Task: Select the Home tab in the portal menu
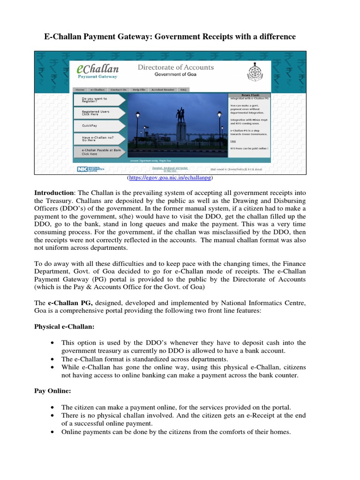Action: pos(80,90)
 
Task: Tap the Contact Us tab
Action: pos(118,90)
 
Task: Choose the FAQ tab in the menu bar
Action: pos(183,90)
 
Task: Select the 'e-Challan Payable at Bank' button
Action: pos(100,151)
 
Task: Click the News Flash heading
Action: pos(249,95)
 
